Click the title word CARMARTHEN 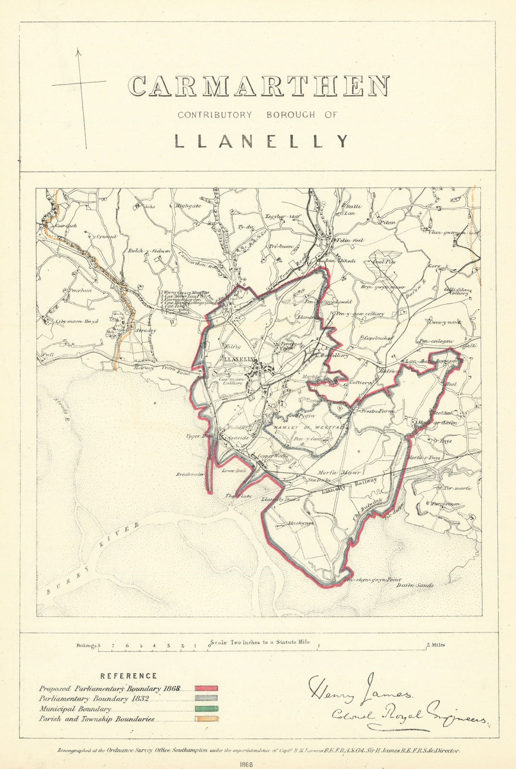coord(259,86)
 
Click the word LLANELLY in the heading coord(261,141)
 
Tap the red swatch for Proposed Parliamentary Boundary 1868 coord(206,689)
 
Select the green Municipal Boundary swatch coord(206,709)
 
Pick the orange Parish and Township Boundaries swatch coord(206,718)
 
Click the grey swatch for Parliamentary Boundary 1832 coord(206,699)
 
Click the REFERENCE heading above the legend coord(128,676)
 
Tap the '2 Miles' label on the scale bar coord(436,645)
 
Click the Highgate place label coord(188,205)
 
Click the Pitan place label coord(387,222)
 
